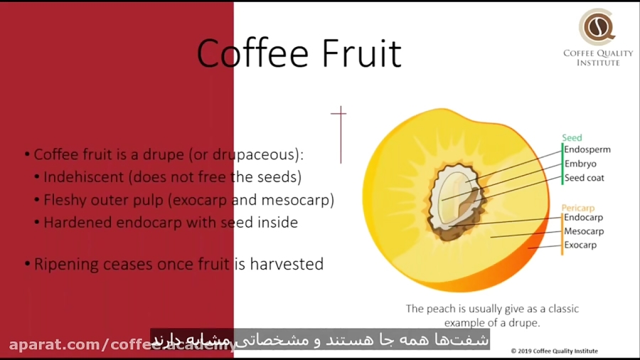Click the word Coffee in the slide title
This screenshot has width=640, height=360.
click(x=249, y=53)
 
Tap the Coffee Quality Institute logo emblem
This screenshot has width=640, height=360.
click(x=597, y=28)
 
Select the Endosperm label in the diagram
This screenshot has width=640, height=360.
click(x=587, y=149)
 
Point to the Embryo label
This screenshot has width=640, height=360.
click(x=580, y=164)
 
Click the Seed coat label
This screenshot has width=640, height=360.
click(x=584, y=178)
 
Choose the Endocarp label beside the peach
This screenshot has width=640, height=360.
click(x=583, y=218)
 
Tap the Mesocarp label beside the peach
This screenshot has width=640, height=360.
click(x=584, y=231)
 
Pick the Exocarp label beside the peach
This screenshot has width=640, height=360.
click(x=580, y=245)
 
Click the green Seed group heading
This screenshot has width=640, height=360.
click(x=572, y=138)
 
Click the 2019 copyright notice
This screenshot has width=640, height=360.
click(x=555, y=351)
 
